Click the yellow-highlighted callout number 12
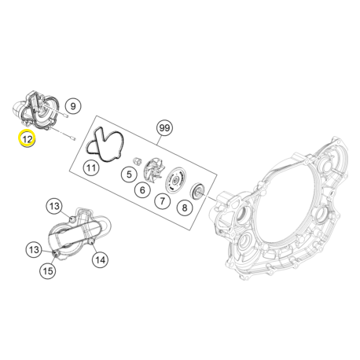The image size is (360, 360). [27, 140]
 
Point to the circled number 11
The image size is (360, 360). [92, 167]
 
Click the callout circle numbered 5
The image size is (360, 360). [127, 173]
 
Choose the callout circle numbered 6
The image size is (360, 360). [143, 189]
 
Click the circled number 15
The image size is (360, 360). [48, 271]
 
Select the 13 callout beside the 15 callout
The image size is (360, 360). [34, 250]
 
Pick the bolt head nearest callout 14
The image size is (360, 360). [91, 250]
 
